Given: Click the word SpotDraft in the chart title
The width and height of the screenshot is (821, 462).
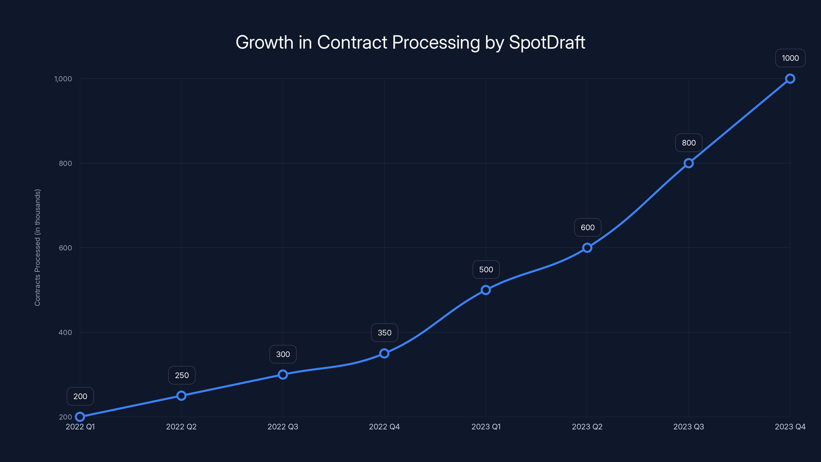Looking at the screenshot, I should (547, 42).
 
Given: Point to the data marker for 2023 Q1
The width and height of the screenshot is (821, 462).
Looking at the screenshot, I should (486, 290).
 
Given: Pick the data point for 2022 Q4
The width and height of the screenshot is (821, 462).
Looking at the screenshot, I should (384, 353).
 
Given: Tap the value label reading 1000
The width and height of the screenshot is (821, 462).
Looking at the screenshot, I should (790, 58).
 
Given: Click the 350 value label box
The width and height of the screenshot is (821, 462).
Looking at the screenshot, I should (384, 333).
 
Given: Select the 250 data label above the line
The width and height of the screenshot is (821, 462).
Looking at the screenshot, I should (182, 375).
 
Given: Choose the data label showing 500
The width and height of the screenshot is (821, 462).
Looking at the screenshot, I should (486, 269).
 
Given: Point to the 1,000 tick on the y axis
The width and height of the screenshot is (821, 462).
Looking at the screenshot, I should (63, 79).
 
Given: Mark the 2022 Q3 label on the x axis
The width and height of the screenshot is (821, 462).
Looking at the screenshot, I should (283, 427).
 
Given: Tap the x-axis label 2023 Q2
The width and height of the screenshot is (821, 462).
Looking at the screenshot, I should (587, 427).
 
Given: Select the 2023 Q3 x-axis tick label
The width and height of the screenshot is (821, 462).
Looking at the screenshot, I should (688, 427).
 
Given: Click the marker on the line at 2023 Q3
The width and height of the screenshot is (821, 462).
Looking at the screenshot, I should (688, 163).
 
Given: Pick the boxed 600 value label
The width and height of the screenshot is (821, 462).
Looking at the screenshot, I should (587, 227).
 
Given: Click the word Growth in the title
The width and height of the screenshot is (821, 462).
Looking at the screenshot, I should (264, 42).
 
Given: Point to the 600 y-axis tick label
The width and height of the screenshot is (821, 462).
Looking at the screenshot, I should (65, 248).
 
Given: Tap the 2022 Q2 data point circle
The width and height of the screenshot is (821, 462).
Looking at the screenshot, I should (181, 396).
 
